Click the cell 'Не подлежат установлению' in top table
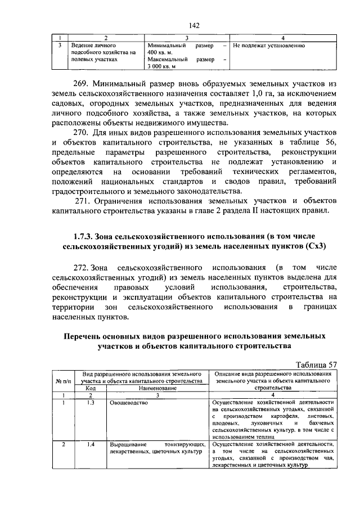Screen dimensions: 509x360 [268, 45]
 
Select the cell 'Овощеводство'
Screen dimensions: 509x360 [129, 403]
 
